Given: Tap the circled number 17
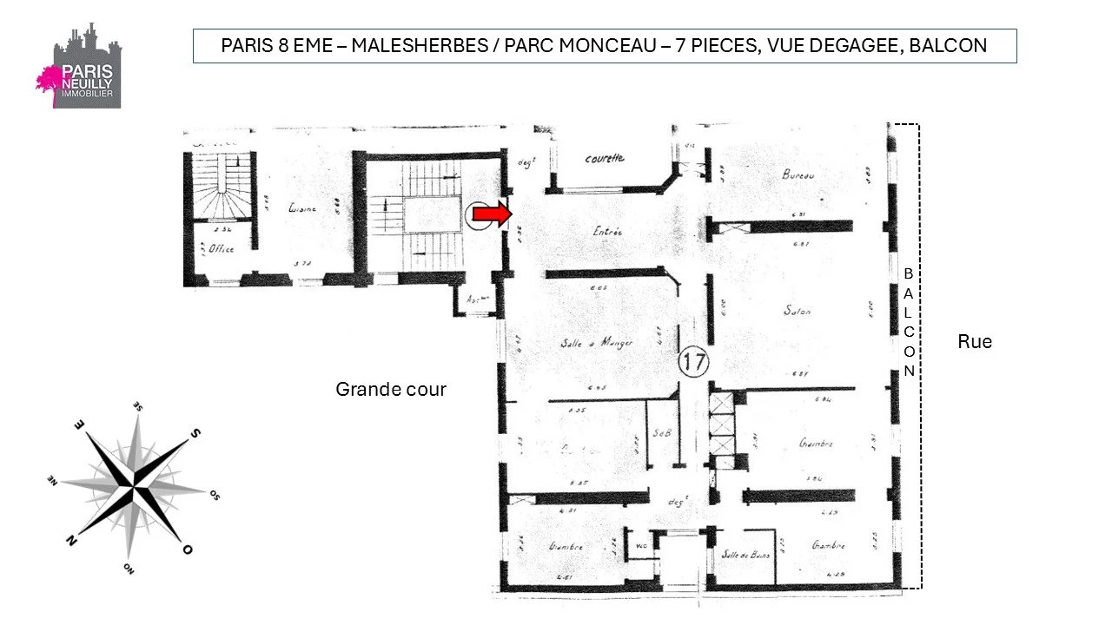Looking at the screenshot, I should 693,362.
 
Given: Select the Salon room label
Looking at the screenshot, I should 797,310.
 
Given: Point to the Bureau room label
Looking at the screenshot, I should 798,174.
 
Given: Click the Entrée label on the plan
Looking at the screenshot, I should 608,232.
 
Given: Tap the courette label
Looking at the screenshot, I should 604,159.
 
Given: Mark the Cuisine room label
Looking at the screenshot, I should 302,208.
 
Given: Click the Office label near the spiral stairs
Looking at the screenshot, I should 221,249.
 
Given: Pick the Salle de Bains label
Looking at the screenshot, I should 746,554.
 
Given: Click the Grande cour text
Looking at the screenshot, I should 391,390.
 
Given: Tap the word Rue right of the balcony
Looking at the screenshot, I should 975,342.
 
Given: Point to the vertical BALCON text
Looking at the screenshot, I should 909,321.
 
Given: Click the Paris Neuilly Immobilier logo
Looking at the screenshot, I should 79,67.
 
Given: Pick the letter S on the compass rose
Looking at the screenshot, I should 195,432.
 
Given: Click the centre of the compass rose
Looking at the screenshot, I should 134,488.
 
